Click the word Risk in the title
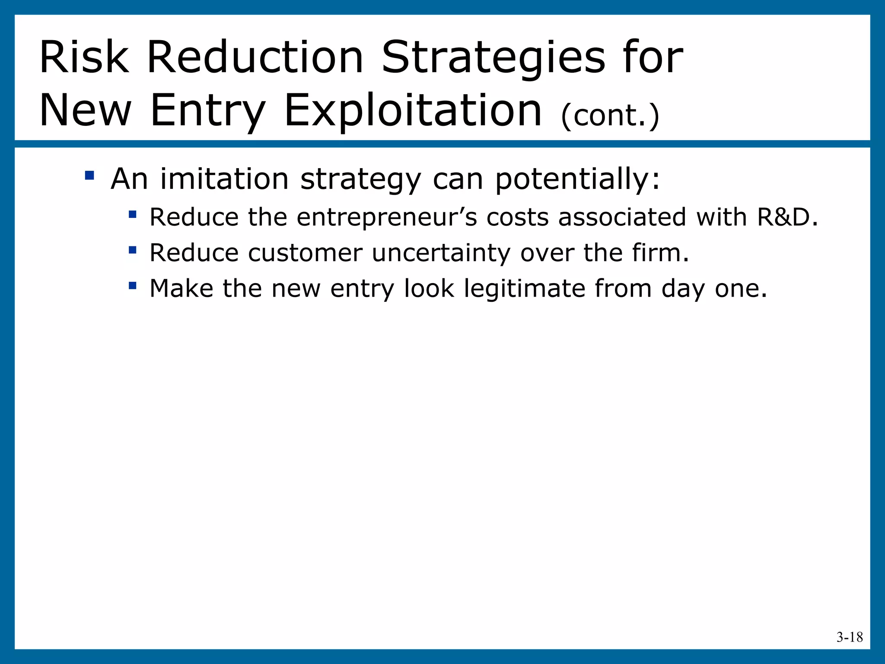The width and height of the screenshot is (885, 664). [84, 57]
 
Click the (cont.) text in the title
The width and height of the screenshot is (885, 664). [610, 116]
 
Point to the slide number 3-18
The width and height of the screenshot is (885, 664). [849, 637]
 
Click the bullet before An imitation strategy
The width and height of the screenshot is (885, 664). [89, 176]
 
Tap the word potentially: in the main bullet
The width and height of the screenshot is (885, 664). [577, 179]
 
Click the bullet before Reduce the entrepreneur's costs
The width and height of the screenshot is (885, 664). [133, 214]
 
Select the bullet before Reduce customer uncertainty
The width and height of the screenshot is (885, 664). [133, 250]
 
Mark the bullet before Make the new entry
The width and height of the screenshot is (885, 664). [133, 285]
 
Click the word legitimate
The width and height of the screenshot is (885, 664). [524, 289]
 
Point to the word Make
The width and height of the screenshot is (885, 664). [181, 288]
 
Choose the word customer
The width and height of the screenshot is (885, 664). [305, 253]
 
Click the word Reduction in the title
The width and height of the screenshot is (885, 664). [255, 57]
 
